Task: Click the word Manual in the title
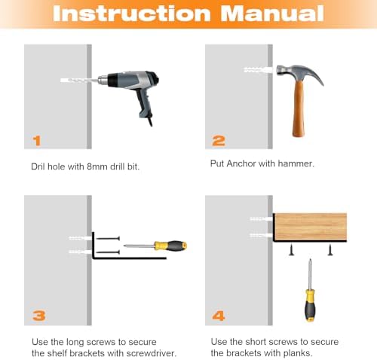[272, 14]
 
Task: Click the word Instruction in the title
[131, 14]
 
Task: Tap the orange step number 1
[37, 141]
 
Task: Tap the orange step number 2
[219, 141]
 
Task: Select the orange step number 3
[39, 316]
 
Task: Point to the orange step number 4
[219, 316]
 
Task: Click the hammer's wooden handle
[299, 108]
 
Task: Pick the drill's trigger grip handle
[143, 105]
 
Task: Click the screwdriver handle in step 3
[170, 246]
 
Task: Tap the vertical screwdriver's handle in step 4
[310, 305]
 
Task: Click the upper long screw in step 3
[108, 239]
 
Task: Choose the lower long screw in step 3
[108, 252]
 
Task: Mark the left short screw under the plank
[291, 250]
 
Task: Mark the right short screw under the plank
[330, 250]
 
